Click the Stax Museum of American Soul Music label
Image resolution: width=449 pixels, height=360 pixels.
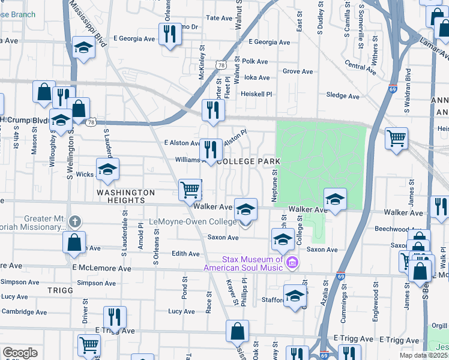244,263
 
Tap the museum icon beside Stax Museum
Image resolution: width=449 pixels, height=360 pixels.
292,262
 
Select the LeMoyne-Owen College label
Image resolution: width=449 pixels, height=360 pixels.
197,222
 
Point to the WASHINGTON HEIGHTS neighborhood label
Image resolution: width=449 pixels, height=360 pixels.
118,197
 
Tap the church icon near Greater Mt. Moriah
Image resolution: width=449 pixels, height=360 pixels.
74,220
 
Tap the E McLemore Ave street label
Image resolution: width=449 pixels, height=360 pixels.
101,268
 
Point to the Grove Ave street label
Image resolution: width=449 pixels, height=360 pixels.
298,71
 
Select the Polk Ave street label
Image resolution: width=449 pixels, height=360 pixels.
255,61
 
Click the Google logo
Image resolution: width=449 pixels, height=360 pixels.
20,353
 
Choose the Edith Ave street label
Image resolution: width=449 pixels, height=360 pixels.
185,254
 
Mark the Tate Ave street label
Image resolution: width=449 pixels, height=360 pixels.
219,19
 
